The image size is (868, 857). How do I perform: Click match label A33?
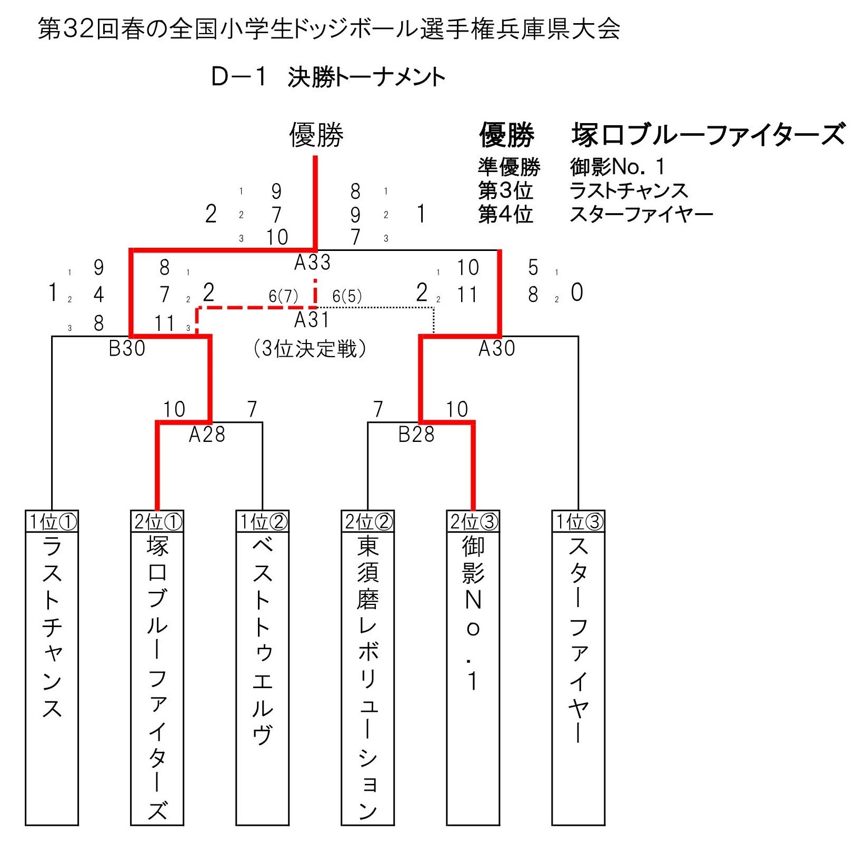312,262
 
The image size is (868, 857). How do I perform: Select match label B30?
127,348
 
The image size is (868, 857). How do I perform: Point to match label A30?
496,348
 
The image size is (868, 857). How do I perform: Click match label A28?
207,435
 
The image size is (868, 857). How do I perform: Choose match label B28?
416,435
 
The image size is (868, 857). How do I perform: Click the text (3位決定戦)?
310,348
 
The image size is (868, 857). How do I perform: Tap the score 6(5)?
347,296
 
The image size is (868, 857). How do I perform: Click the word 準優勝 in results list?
509,167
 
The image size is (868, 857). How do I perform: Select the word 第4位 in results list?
505,214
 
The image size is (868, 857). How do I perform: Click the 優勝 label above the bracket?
316,135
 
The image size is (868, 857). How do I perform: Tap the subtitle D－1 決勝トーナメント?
328,77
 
